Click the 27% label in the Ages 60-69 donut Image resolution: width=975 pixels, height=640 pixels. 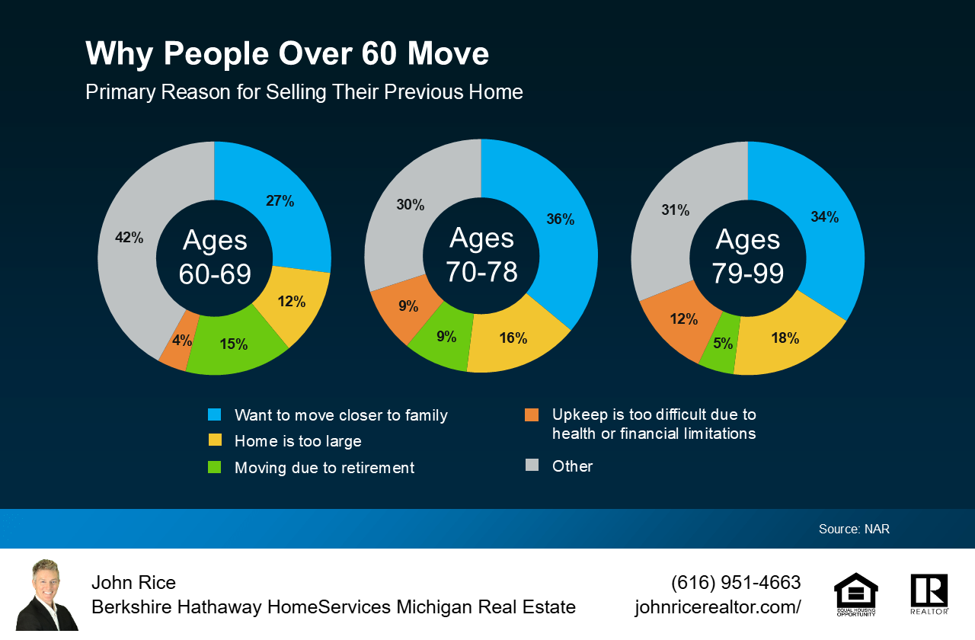[x=280, y=201]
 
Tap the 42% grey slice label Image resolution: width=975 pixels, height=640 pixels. [x=129, y=238]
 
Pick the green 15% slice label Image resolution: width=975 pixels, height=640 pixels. [x=233, y=344]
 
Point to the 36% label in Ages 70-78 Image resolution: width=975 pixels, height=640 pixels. [x=560, y=219]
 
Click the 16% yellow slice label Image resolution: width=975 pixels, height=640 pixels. [x=513, y=338]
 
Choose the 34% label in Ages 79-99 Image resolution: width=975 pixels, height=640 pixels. [x=824, y=217]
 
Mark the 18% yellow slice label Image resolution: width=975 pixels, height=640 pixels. [x=785, y=338]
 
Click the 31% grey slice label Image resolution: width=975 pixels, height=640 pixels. [x=675, y=210]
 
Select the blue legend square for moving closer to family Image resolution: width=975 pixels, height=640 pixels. [x=215, y=414]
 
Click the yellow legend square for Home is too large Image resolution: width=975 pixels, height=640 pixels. [x=215, y=440]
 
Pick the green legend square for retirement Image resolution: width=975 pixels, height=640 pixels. [x=215, y=467]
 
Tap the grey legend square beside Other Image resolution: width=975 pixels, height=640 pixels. [x=532, y=465]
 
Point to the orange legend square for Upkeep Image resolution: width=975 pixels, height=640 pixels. [x=532, y=414]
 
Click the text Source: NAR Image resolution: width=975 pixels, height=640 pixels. [x=854, y=529]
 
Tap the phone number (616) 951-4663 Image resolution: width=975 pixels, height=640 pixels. [x=736, y=583]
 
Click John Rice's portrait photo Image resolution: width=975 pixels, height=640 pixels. [x=46, y=595]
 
